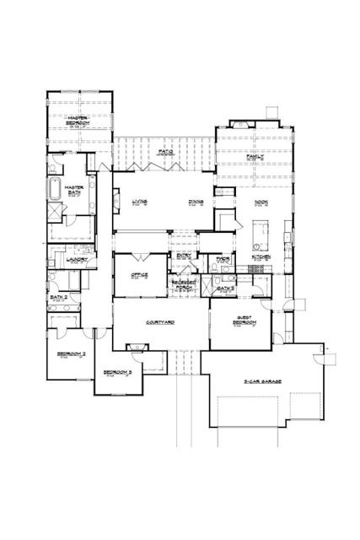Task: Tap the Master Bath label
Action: [75, 190]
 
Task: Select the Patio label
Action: [164, 154]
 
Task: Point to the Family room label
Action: [255, 158]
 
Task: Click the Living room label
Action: [139, 202]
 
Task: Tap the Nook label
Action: [261, 202]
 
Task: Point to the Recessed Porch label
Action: [183, 286]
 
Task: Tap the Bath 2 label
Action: [58, 297]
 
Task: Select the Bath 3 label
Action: [224, 289]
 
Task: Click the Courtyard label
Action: [159, 323]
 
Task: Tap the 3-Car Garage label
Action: [263, 382]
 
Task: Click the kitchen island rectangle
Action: [259, 229]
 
